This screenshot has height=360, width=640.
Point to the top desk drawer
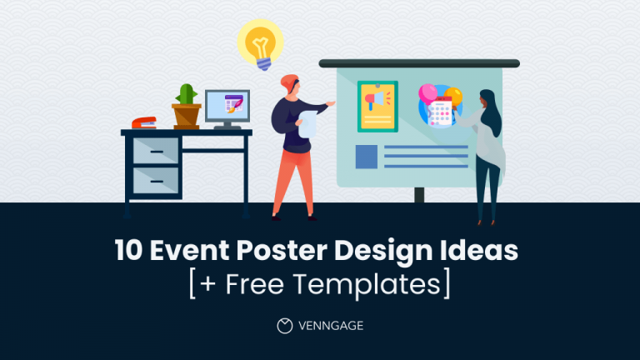pyautogui.click(x=156, y=151)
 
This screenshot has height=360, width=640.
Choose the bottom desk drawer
pyautogui.click(x=156, y=181)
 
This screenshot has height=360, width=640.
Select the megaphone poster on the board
pyautogui.click(x=377, y=106)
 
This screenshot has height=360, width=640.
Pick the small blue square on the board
pyautogui.click(x=367, y=157)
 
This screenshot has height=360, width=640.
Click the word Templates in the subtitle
pyautogui.click(x=379, y=283)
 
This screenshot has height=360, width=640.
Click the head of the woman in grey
pyautogui.click(x=487, y=102)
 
